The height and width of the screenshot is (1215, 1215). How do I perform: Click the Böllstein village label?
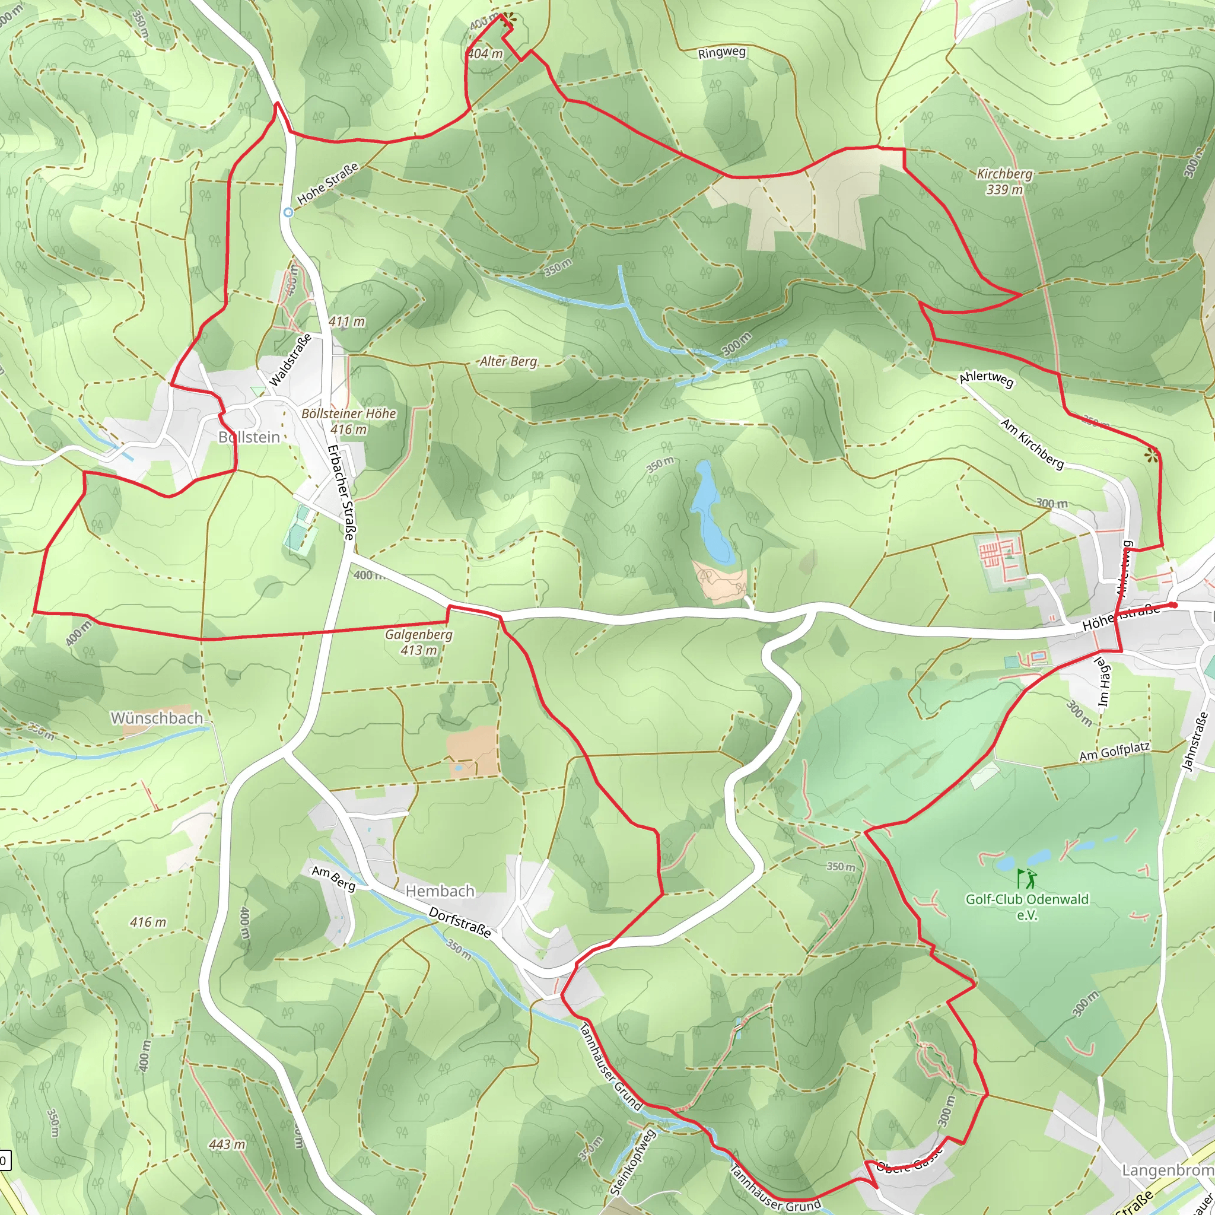coord(249,437)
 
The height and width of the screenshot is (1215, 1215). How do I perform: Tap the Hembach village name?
coord(440,891)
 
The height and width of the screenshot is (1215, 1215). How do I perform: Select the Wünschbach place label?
coord(157,718)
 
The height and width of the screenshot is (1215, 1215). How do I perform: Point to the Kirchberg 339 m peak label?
coord(1004,181)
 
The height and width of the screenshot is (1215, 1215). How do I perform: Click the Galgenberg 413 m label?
coord(419,642)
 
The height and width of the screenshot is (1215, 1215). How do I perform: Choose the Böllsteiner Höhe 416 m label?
coord(349,421)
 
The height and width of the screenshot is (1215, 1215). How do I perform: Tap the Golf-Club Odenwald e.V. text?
coord(1027,907)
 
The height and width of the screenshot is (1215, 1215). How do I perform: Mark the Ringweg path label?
coord(721,53)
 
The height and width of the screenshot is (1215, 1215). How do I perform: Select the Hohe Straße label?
coord(327,183)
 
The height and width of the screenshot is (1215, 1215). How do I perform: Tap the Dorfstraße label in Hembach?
coord(460,923)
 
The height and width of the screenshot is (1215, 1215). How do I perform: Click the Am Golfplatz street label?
coord(1114,752)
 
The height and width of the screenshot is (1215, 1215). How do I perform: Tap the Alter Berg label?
coord(509,362)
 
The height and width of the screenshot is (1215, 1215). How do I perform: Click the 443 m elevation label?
coord(227,1144)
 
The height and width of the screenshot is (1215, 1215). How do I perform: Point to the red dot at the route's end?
coord(1173,605)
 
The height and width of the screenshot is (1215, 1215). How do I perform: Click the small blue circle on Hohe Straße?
coord(288,212)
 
